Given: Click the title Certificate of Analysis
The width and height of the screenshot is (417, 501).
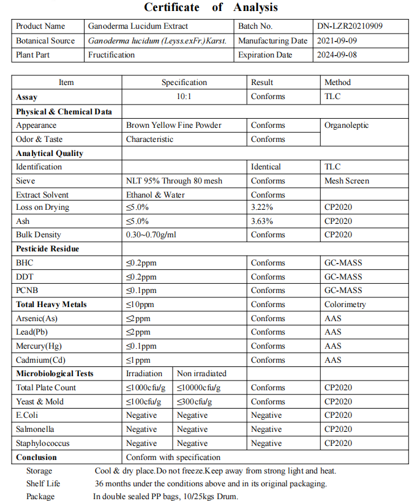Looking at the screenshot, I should pos(211,7).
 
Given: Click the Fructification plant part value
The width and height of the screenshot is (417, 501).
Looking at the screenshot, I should pos(111,55).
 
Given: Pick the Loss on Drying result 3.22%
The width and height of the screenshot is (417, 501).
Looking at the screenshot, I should pos(262,207).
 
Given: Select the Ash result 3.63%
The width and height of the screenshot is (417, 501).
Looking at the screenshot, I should pos(262,221).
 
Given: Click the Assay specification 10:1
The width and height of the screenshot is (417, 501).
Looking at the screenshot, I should pos(184,97).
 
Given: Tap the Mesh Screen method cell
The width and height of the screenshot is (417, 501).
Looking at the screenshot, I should pos(347,181).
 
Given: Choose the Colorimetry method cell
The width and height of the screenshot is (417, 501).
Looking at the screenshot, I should pos(345,305).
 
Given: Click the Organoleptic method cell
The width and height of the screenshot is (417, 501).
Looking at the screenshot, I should pos(347,125).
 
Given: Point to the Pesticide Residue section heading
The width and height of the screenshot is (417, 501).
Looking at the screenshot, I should pos(48,249).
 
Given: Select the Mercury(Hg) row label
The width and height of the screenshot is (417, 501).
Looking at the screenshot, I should pos(39,346).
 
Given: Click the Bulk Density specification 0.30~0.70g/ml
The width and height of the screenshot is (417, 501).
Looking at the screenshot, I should pos(151,235).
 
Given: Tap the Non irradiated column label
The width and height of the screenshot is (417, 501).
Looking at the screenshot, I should pos(201,374).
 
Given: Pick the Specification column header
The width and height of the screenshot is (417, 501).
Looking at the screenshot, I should pos(184,83).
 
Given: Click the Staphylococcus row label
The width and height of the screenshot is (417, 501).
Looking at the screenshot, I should pos(43,443).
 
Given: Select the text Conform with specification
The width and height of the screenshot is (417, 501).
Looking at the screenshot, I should pos(173,458).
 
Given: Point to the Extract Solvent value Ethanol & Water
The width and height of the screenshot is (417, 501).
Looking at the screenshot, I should pos(156,195).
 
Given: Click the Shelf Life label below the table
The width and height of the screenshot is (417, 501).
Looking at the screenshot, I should pos(43,484).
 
